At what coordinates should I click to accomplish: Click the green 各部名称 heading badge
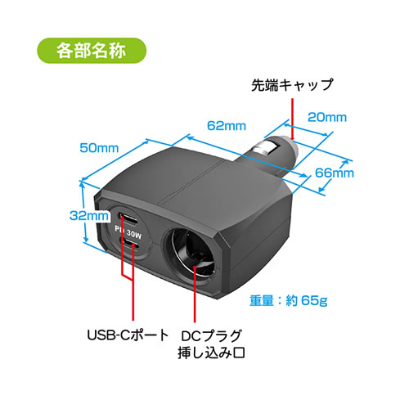click(92, 51)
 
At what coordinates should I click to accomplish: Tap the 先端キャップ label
click(292, 85)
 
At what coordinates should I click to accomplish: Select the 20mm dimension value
click(327, 117)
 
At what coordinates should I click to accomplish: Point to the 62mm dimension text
click(227, 126)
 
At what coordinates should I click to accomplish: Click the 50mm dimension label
click(99, 148)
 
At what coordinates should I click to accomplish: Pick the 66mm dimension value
click(335, 173)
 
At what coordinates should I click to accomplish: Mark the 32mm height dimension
click(89, 216)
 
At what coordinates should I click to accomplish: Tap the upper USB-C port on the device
click(128, 218)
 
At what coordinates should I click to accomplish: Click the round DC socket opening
click(189, 253)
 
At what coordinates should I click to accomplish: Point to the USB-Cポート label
click(128, 335)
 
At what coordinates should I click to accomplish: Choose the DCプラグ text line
click(212, 336)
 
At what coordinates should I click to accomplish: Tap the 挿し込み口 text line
click(212, 353)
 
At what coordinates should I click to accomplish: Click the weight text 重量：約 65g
click(289, 300)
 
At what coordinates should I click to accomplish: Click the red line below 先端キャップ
click(293, 119)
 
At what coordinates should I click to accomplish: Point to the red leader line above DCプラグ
click(195, 294)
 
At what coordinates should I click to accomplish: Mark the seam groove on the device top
click(191, 182)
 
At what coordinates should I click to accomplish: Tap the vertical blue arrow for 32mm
click(84, 212)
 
